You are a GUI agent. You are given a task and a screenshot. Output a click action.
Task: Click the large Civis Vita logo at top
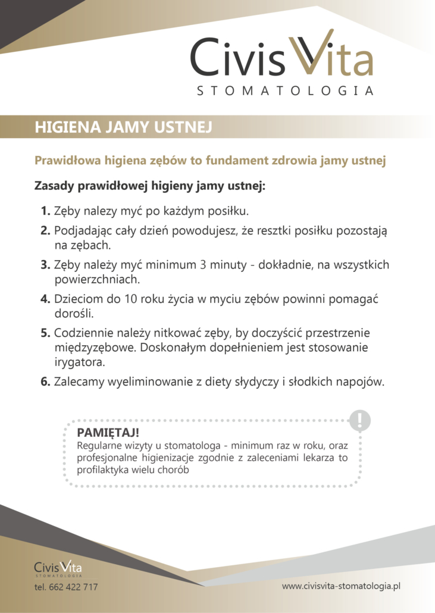point(281,57)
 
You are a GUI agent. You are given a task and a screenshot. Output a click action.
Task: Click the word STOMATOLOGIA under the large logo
point(285,91)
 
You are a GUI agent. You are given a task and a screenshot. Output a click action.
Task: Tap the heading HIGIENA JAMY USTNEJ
point(123,127)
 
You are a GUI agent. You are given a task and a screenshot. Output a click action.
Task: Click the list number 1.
point(45,211)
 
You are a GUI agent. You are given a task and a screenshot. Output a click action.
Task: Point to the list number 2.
point(45,230)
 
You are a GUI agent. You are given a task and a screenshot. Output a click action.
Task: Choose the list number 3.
point(45,265)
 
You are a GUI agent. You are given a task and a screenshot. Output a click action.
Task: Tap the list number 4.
point(45,299)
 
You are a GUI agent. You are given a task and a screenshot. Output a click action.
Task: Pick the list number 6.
point(45,382)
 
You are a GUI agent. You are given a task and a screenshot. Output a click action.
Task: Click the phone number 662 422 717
point(74,587)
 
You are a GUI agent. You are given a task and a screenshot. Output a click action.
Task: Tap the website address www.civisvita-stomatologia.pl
point(341,586)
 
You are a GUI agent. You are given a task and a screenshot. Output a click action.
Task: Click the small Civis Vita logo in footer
point(58,568)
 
